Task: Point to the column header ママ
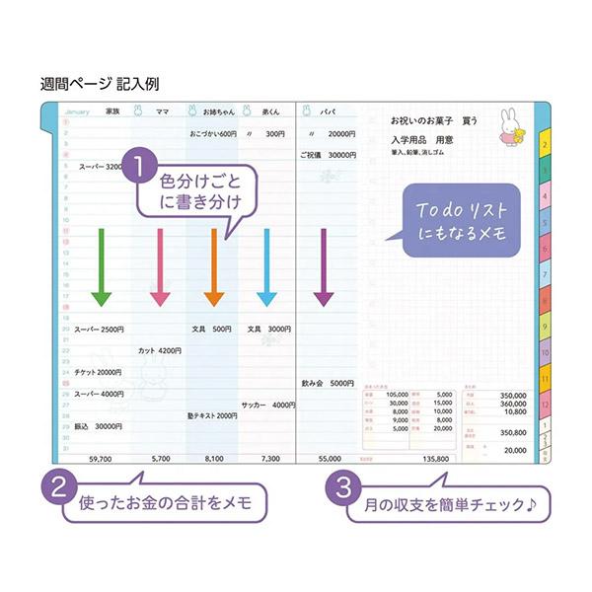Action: pyautogui.click(x=160, y=111)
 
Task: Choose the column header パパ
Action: pyautogui.click(x=331, y=111)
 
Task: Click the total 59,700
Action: pyautogui.click(x=100, y=458)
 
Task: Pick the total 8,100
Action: pyautogui.click(x=213, y=458)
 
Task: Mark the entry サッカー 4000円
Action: pyautogui.click(x=267, y=405)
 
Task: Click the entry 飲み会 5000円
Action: pyautogui.click(x=328, y=382)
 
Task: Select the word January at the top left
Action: pyautogui.click(x=76, y=111)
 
